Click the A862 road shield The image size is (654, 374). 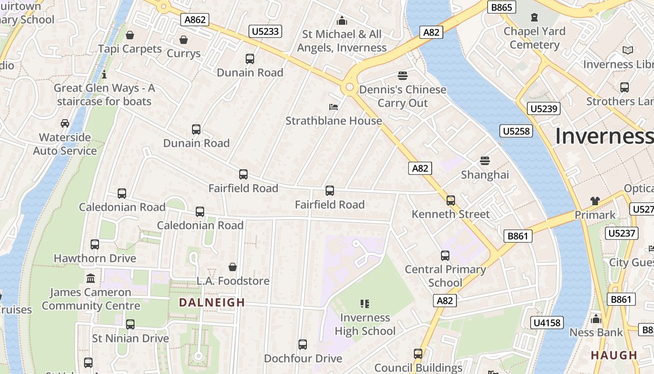tap(194, 20)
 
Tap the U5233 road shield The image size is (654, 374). tap(265, 31)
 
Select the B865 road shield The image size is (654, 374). tap(502, 7)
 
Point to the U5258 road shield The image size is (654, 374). tap(516, 131)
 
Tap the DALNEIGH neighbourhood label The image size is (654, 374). tap(212, 302)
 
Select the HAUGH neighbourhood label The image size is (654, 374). tap(614, 355)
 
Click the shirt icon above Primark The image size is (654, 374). tap(595, 201)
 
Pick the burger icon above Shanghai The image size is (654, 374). tap(485, 161)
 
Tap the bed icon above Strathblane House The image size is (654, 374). tap(334, 107)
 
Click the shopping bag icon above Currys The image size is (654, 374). tap(184, 40)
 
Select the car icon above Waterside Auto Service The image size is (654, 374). tap(65, 123)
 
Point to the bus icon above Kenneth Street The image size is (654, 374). tap(451, 201)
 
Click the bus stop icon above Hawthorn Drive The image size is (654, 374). tap(95, 245)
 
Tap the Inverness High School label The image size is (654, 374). tap(365, 324)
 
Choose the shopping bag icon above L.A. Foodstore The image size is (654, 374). tap(233, 267)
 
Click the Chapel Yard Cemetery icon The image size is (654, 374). tap(534, 18)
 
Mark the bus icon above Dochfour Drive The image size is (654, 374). tap(303, 345)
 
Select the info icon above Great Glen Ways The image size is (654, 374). tap(104, 74)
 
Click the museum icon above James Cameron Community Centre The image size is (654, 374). tap(91, 279)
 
